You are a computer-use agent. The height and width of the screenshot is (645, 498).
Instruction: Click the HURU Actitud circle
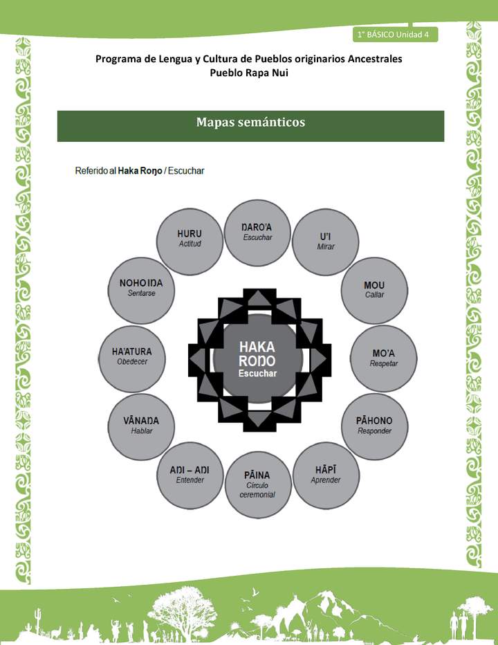pyautogui.click(x=190, y=239)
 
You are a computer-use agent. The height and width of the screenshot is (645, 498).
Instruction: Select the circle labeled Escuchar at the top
pyautogui.click(x=257, y=233)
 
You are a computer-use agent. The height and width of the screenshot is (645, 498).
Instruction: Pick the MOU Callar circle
pyautogui.click(x=374, y=289)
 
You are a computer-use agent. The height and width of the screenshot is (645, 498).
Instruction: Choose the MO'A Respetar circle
pyautogui.click(x=383, y=358)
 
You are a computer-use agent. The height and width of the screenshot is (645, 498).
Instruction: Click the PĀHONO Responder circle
pyautogui.click(x=374, y=426)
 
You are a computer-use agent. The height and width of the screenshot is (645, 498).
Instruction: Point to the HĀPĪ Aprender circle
pyautogui.click(x=325, y=475)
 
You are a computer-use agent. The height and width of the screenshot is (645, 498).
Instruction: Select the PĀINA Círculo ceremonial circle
pyautogui.click(x=257, y=484)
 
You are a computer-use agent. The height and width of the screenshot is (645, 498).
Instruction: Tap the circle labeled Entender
pyautogui.click(x=190, y=475)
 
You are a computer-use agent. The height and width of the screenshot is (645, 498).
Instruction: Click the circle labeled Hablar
pyautogui.click(x=141, y=426)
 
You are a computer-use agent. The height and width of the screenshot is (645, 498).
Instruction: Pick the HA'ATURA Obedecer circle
pyautogui.click(x=131, y=358)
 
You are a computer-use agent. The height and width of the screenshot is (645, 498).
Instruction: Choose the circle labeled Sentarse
pyautogui.click(x=141, y=289)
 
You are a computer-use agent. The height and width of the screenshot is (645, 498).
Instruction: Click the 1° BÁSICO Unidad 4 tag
pyautogui.click(x=394, y=35)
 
